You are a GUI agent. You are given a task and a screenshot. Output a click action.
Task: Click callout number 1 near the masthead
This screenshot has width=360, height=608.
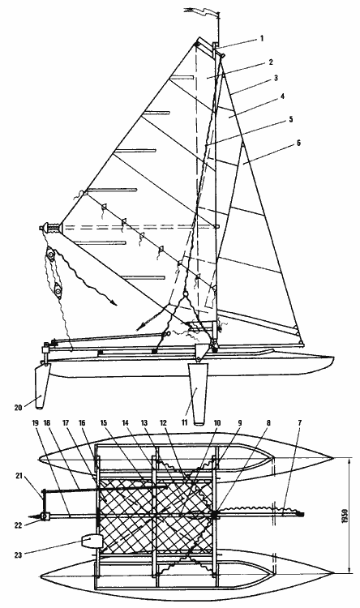tap(262, 38)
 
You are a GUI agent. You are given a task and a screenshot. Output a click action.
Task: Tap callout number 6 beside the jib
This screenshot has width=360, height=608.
tap(298, 143)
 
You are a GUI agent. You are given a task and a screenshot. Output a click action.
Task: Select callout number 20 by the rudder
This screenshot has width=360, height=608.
tap(19, 408)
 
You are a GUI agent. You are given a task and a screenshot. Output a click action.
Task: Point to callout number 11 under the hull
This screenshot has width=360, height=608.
tap(184, 421)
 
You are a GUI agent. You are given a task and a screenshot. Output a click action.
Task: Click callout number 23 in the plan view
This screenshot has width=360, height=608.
tap(18, 554)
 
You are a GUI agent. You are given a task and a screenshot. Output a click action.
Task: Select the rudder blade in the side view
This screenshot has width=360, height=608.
tap(42, 387)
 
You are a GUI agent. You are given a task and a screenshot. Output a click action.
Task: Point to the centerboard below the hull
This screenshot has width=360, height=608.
tap(197, 392)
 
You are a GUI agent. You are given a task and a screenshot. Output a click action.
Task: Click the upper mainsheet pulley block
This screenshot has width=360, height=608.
tap(51, 255)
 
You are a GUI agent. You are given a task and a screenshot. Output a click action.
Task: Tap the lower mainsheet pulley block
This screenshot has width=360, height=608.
tap(58, 289)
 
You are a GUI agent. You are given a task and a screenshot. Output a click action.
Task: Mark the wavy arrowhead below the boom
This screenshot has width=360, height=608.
tap(113, 302)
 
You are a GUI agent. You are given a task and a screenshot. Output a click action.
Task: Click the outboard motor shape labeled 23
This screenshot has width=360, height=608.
tap(92, 541)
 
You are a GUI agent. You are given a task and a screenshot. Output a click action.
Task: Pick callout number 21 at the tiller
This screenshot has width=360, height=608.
tap(18, 475)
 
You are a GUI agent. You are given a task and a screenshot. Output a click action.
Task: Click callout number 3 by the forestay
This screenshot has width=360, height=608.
tap(276, 78)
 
